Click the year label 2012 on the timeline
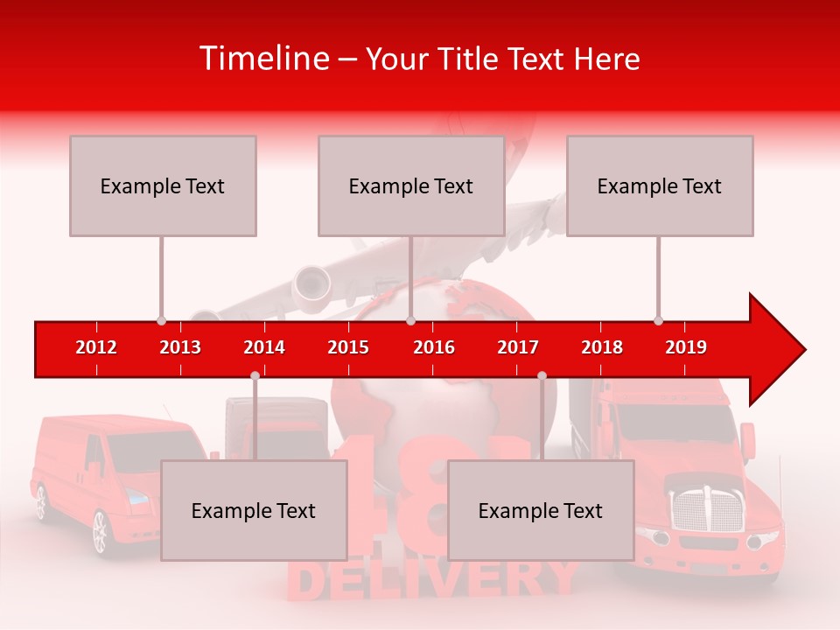(96, 347)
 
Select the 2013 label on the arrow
(180, 347)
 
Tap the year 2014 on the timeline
(264, 347)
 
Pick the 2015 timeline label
(348, 347)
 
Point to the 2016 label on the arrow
(434, 347)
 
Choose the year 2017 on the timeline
(518, 347)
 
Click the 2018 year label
(602, 347)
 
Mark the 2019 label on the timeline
(686, 347)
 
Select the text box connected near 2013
(163, 185)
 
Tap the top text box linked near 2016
(411, 185)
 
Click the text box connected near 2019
(660, 185)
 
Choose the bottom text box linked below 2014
(254, 510)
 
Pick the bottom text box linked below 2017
(541, 510)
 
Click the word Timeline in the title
(262, 59)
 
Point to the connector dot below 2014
(255, 375)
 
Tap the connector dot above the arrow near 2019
(658, 320)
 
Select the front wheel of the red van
(100, 531)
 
